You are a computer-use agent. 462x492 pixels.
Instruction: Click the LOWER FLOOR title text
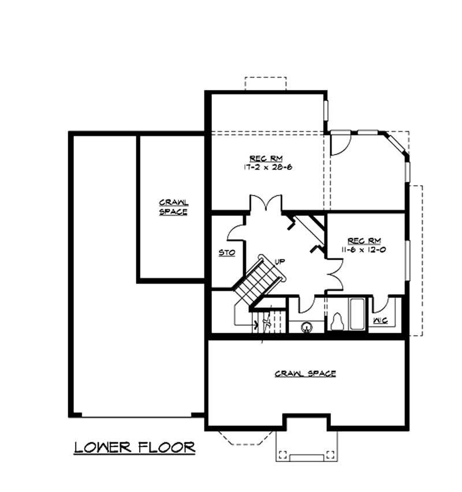tap(134, 447)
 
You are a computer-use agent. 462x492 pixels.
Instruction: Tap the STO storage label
tap(226, 253)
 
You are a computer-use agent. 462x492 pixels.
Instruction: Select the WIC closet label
tap(379, 320)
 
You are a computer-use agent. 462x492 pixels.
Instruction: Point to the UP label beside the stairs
tap(280, 261)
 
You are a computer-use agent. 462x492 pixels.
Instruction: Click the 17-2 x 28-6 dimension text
tap(266, 167)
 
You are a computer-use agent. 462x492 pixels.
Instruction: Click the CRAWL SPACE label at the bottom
tap(305, 374)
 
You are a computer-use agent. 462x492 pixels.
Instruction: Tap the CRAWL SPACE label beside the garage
tap(174, 207)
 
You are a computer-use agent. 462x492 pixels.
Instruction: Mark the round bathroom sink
tap(306, 326)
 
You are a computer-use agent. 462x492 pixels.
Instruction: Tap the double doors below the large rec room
tap(266, 205)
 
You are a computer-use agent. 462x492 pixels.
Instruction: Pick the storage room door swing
tap(236, 231)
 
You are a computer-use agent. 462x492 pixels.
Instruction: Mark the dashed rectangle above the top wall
tap(265, 83)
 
